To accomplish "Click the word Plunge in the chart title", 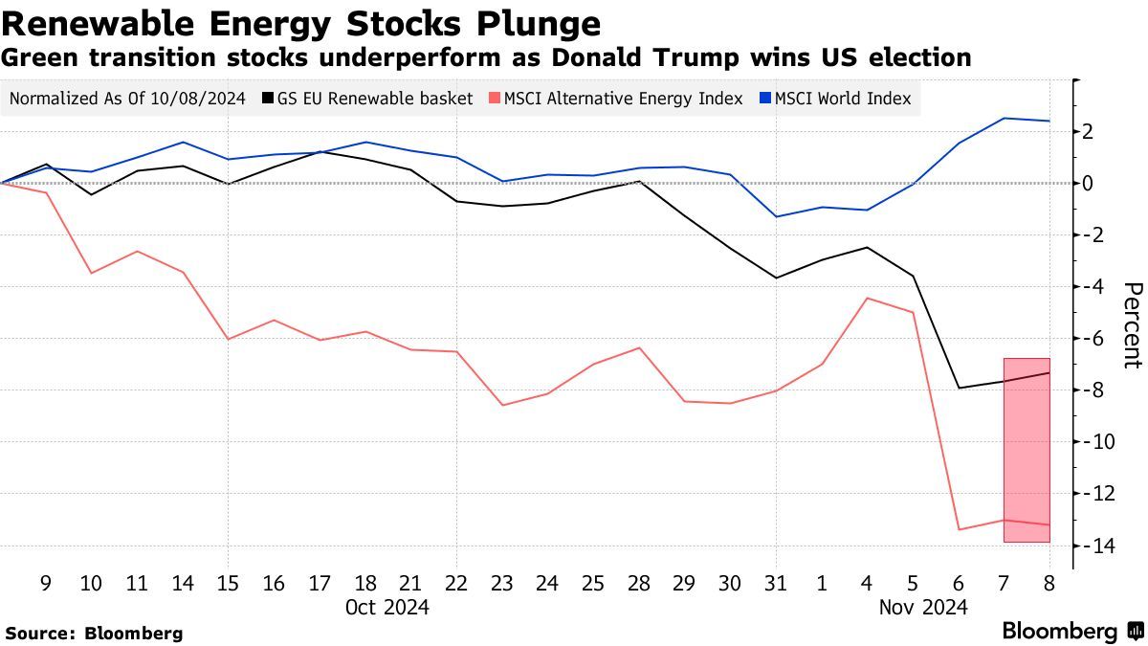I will [540, 22].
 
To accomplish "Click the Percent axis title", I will [1133, 325].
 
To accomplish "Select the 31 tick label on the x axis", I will [777, 583].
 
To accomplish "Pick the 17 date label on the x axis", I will [319, 583].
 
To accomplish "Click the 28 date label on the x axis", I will [639, 583].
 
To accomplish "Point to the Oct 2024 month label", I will [386, 607].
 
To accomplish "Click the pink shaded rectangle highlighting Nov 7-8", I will [1027, 450].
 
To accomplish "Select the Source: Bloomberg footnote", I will [94, 633].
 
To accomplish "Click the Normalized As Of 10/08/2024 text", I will [128, 99].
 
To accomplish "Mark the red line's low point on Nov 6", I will [959, 529].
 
